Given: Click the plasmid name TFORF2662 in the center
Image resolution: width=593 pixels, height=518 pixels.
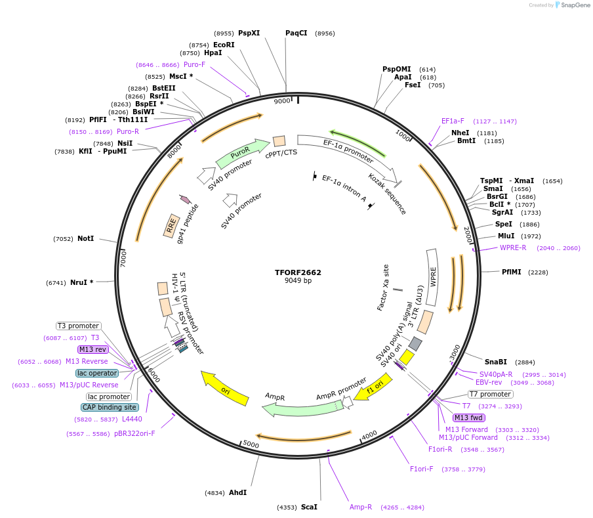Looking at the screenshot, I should pos(298,272).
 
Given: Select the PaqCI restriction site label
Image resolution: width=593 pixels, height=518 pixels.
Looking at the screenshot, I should pos(296,33).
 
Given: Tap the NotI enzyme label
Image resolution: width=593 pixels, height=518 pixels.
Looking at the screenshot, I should pos(85,238).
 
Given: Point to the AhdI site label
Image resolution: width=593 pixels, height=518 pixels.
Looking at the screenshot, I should pos(237,492).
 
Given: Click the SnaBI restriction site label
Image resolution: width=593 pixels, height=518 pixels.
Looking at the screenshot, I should pos(496,362).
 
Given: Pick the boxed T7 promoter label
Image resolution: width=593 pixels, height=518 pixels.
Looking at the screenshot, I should pos(491,394).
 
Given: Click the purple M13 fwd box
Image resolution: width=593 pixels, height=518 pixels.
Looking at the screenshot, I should pos(469,418).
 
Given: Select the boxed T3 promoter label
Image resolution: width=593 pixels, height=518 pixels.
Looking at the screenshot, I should pos(79,326).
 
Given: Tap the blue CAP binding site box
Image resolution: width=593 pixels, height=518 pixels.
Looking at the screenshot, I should pos(110,407).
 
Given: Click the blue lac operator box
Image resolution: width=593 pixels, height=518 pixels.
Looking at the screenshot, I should pos(97,373).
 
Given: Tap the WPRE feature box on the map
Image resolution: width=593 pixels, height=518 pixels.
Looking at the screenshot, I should pos(432,277).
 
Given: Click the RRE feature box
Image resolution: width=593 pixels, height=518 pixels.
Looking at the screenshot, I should pos(172,227).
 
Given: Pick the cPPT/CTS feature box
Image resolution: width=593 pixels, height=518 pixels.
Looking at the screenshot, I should pos(279,141).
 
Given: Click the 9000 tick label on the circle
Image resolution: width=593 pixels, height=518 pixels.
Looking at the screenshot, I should pos(281,101).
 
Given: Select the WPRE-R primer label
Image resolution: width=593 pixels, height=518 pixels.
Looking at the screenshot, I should pos(513,248).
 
